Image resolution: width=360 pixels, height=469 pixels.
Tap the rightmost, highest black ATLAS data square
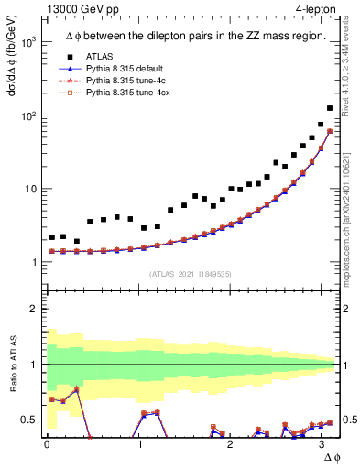[330, 108]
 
